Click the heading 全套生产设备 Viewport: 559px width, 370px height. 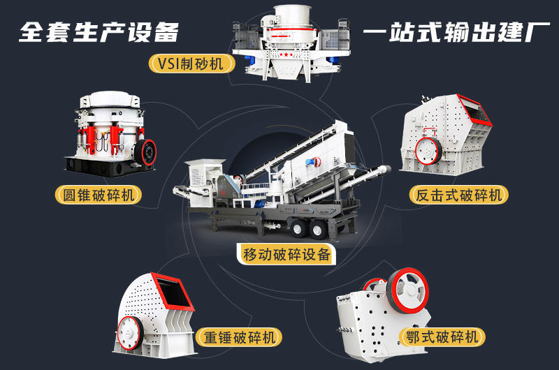99,32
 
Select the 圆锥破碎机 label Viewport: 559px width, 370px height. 98,195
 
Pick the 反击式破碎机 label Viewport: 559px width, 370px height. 458,195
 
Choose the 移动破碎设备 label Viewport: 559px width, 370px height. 286,254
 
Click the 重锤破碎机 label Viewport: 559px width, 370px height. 239,337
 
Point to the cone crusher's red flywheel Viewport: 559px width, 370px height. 148,150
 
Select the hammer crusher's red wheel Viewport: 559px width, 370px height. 130,330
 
